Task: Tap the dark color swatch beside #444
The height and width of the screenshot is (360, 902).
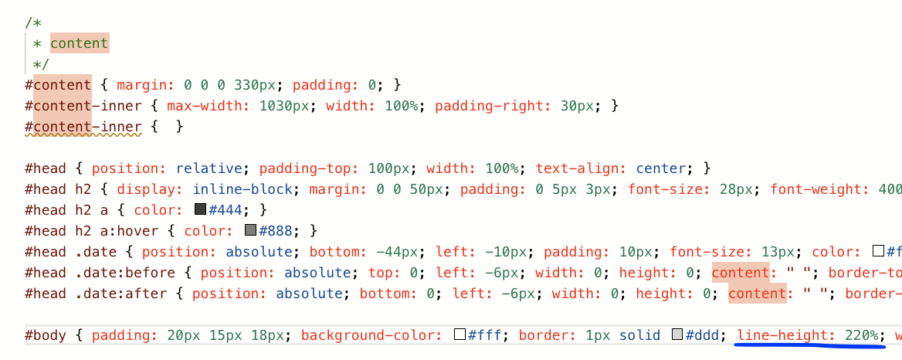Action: pos(201,209)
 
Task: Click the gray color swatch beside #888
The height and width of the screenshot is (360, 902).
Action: pos(250,230)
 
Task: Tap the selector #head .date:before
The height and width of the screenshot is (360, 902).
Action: pos(103,272)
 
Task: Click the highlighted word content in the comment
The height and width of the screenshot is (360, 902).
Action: pos(80,43)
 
